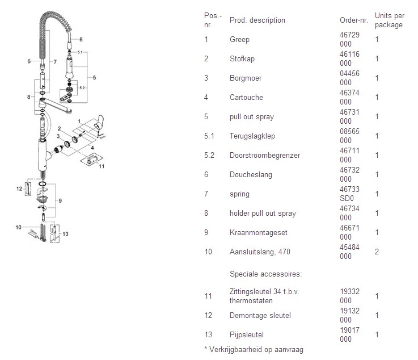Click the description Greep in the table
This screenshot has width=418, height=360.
[x=239, y=40]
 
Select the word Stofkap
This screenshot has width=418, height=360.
[x=242, y=59]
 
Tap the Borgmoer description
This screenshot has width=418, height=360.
[x=246, y=78]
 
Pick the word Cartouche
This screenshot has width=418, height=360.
[x=246, y=98]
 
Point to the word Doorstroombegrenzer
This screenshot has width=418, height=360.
[x=264, y=156]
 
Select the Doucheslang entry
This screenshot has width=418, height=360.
[x=251, y=175]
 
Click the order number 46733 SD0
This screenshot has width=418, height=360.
[x=347, y=194]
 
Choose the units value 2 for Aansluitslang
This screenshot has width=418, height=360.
[x=377, y=252]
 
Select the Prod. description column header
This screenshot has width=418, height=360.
[x=257, y=20]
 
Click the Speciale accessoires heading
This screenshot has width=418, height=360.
[x=265, y=274]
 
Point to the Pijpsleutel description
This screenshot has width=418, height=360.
[x=247, y=335]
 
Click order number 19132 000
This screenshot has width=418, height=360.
[x=347, y=316]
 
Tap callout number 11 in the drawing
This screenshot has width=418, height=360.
[x=102, y=167]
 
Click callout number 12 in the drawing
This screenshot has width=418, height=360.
[x=19, y=188]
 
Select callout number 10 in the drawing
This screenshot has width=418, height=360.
[x=18, y=227]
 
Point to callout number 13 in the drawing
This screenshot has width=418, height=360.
[x=65, y=234]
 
